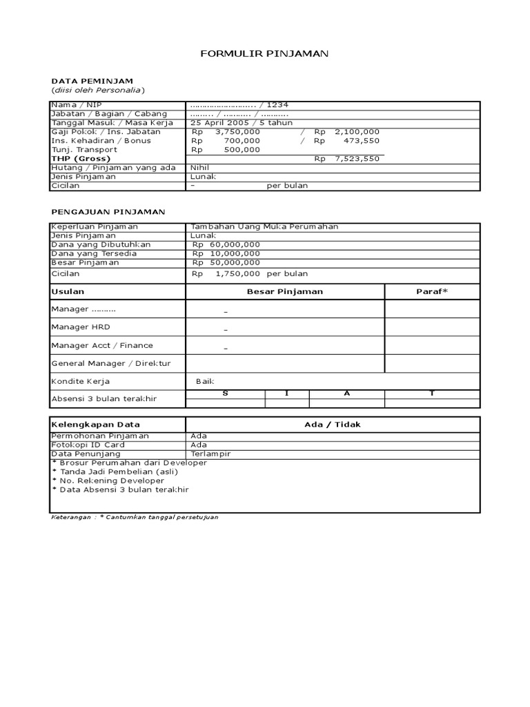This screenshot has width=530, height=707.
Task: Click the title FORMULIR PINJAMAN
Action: [x=264, y=53]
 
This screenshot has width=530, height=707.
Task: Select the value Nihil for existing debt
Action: [x=200, y=167]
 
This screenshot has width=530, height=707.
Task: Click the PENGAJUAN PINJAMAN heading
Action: [x=108, y=211]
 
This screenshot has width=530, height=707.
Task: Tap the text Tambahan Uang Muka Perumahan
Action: [x=264, y=226]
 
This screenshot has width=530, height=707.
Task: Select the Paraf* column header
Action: [x=432, y=291]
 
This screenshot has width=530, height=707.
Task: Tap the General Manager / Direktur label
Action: [x=111, y=363]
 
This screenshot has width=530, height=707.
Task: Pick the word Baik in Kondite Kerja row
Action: [x=206, y=381]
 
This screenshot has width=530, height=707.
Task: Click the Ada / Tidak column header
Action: [x=332, y=425]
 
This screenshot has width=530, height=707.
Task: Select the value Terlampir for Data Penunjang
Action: [x=210, y=454]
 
